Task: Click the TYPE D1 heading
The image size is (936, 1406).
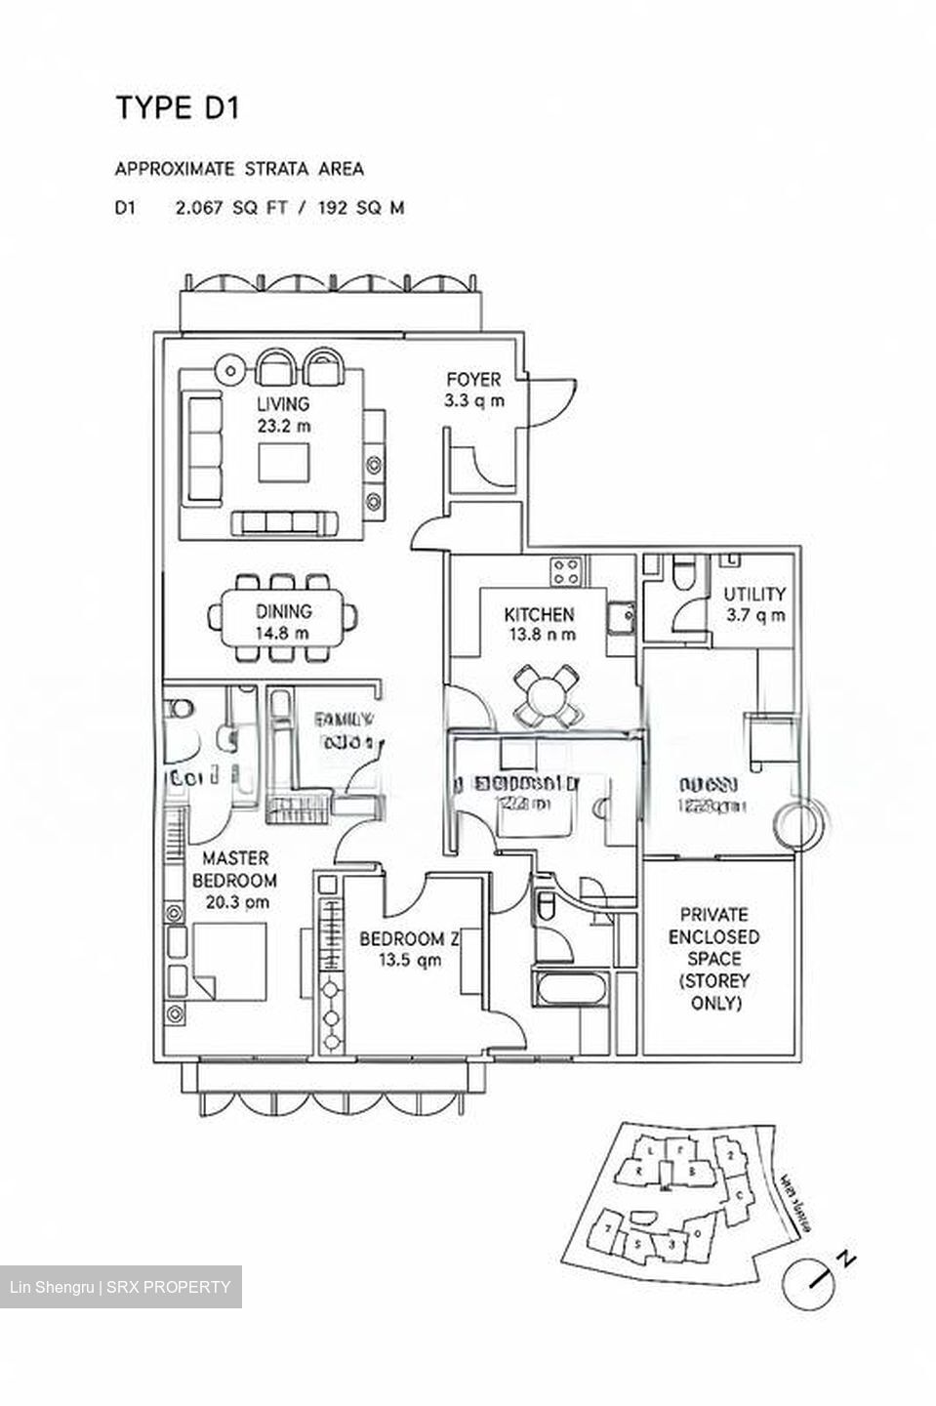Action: coord(177,107)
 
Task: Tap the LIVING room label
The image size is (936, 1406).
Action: coord(283,404)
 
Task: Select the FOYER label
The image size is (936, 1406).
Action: coord(473,380)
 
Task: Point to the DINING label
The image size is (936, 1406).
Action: coord(284,612)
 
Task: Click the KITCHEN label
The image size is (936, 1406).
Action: coord(539,615)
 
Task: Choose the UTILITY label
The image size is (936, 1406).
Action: coord(754,595)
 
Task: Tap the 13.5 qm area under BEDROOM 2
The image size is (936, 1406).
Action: coord(410,961)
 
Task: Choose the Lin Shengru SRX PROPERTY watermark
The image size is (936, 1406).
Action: coord(121,1287)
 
